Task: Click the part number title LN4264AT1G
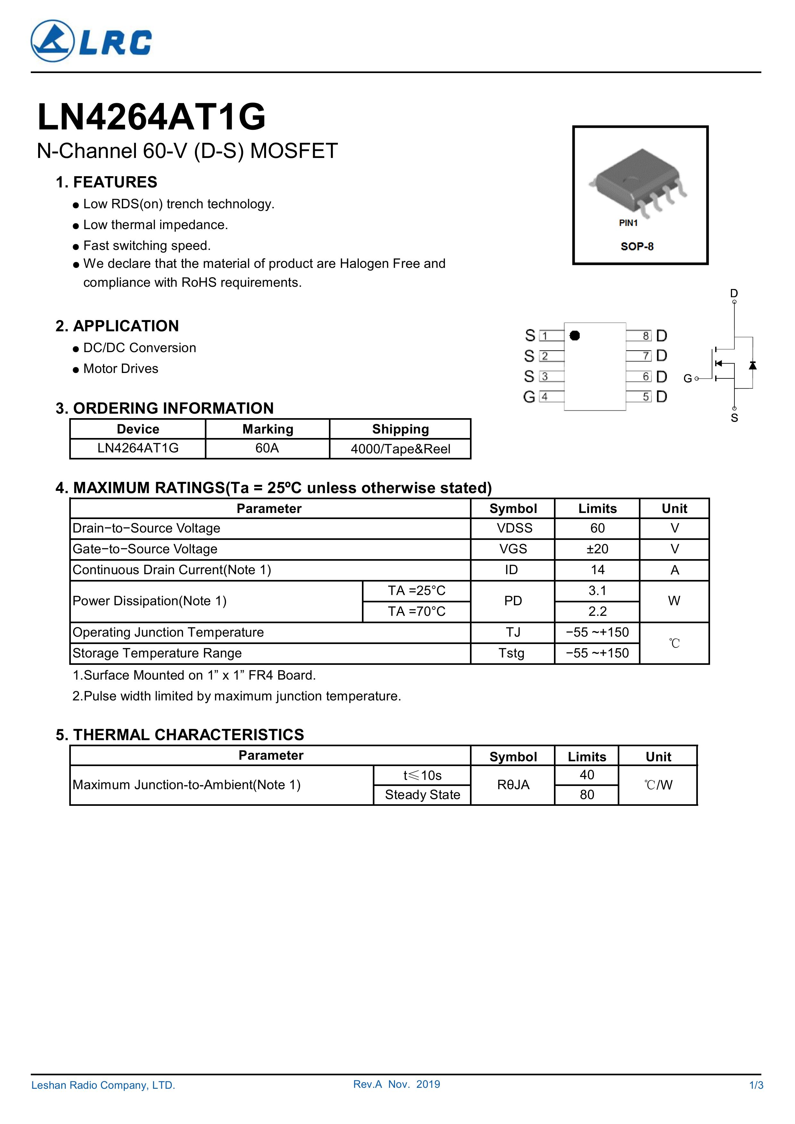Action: [x=151, y=118]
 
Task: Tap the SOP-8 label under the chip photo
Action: [x=637, y=246]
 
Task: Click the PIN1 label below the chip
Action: [x=628, y=223]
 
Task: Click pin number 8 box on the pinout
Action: [x=646, y=336]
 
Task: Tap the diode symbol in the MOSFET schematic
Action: [x=752, y=365]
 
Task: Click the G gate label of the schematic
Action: [x=687, y=378]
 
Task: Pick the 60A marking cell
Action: [x=267, y=449]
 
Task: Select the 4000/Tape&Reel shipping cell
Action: [x=400, y=449]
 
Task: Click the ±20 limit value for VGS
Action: [x=597, y=549]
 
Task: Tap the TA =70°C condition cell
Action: [x=416, y=611]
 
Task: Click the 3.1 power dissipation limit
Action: [x=597, y=591]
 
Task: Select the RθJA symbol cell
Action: [x=513, y=785]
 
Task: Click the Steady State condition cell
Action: [x=422, y=795]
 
